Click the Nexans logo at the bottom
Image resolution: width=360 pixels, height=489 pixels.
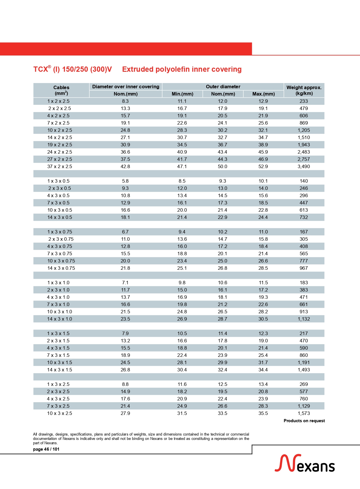[x=305, y=463]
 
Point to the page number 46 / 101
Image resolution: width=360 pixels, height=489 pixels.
[x=46, y=449]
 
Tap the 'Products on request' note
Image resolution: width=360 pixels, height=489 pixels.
[x=304, y=421]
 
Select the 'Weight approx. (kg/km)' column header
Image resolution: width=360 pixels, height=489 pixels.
[x=304, y=90]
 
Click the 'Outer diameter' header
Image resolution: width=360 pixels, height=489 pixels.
[x=223, y=87]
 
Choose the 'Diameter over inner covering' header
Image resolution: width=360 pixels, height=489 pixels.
[x=126, y=87]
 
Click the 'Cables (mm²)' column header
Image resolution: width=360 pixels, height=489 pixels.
[x=61, y=90]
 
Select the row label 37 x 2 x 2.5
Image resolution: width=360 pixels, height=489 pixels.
[x=60, y=166]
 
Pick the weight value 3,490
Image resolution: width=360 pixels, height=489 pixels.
[x=304, y=166]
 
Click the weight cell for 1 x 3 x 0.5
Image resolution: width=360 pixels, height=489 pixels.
[x=304, y=181]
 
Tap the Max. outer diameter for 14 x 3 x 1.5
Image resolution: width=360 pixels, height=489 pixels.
[x=263, y=370]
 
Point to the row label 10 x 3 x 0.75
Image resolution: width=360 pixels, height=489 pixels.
[x=61, y=261]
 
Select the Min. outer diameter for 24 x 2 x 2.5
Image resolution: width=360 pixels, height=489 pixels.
[x=182, y=152]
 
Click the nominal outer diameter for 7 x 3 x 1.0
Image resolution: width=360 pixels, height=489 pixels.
[x=222, y=304]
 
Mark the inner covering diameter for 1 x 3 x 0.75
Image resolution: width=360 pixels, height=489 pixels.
[x=125, y=232]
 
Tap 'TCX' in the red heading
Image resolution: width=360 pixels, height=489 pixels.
[x=41, y=69]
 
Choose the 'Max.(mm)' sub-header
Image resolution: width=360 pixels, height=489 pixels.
[x=263, y=94]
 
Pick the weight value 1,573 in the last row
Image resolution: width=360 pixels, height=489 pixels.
[x=304, y=413]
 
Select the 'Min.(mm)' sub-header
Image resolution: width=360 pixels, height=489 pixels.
[x=182, y=94]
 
